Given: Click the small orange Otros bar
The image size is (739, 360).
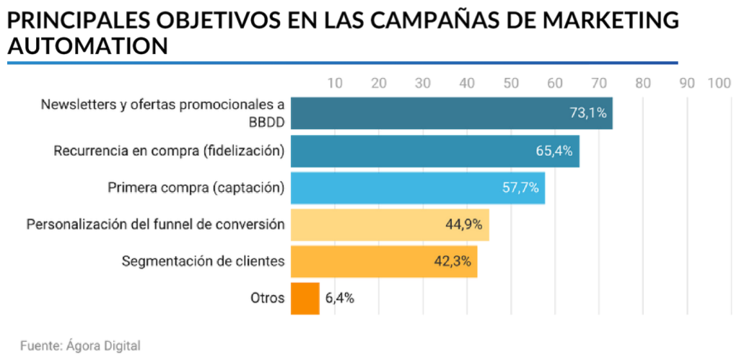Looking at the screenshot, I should (x=305, y=298).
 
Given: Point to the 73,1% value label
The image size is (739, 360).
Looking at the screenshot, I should (x=588, y=113).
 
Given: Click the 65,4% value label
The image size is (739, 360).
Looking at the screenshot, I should (x=554, y=151).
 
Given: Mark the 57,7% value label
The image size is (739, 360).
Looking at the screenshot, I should (x=520, y=188).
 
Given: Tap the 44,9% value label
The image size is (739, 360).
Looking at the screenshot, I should (x=464, y=224).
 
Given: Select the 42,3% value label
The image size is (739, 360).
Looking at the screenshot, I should (x=452, y=261).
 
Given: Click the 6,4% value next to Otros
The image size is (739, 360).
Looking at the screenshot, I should (x=339, y=298).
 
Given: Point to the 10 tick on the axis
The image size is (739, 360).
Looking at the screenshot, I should (x=335, y=83).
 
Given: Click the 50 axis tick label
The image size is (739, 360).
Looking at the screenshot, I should (x=511, y=83).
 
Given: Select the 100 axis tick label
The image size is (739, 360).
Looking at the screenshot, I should (x=720, y=83).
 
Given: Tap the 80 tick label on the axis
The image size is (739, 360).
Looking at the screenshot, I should (x=643, y=83).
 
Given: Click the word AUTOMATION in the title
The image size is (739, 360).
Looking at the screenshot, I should (x=87, y=46).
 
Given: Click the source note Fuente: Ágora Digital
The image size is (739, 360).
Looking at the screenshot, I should (x=80, y=345).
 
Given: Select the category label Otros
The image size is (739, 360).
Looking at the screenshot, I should (x=267, y=298).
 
